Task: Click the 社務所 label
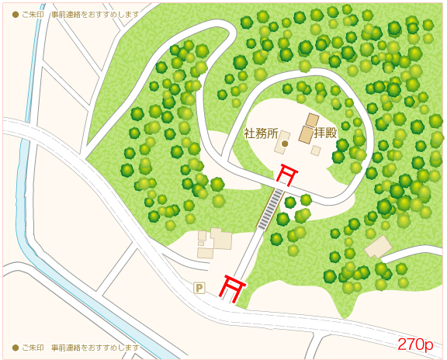[261, 133]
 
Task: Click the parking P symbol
[199, 288]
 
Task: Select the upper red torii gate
[289, 175]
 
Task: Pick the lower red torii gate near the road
[230, 286]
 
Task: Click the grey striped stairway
[271, 208]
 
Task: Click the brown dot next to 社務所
[285, 144]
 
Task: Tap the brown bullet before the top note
[15, 15]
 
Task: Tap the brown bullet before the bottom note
[15, 348]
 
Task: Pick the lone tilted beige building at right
[378, 247]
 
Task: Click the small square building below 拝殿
[316, 151]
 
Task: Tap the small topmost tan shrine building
[312, 119]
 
